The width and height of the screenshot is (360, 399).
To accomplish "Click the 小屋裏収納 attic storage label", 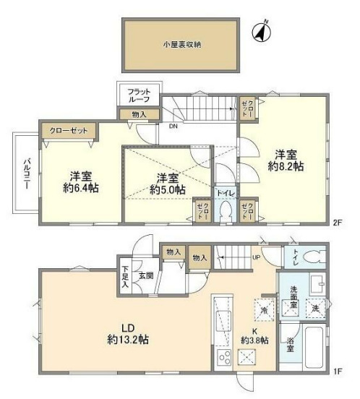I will coord(181,45).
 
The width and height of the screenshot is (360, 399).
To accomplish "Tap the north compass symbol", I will coord(260,33).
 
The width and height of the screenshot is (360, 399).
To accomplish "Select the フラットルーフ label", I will coord(139,97).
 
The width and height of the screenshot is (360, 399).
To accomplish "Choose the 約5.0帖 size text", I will coord(168,189).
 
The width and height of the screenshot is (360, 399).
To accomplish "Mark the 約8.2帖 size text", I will coord(288,166).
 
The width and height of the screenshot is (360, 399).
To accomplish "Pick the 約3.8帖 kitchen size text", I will coord(255,340).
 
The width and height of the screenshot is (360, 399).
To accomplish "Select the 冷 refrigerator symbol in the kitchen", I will coord(262,309).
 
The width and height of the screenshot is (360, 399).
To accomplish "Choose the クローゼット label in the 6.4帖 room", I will coord(67,132).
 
